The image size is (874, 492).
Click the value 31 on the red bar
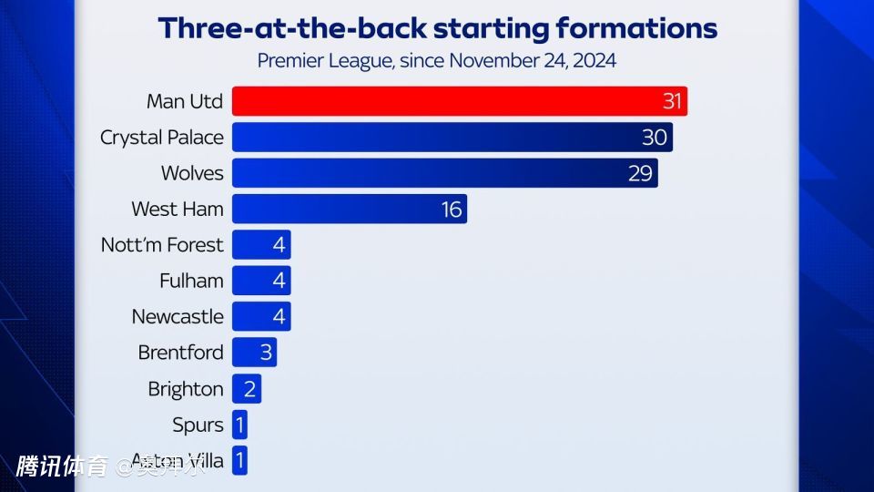tap(672, 101)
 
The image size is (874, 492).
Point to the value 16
tap(452, 210)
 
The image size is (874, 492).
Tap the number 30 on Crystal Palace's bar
tap(655, 138)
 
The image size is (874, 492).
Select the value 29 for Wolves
tap(640, 173)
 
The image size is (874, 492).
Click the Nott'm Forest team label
tap(163, 245)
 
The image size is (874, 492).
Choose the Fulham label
tap(191, 281)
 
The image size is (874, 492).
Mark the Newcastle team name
tap(178, 317)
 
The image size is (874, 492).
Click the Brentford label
tap(180, 353)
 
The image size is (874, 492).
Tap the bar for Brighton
tap(247, 389)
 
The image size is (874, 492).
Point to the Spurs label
tap(198, 425)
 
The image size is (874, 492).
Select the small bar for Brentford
tap(254, 353)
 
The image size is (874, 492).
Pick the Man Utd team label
tap(185, 101)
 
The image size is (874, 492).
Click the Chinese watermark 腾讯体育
tap(62, 467)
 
